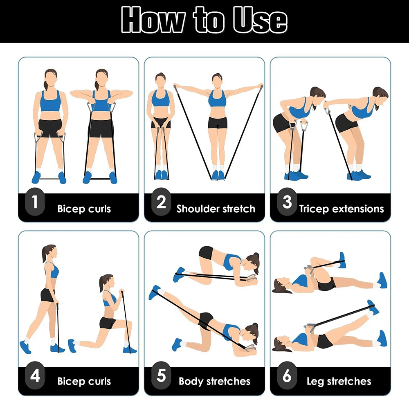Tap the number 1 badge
tap(35, 202)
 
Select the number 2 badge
tap(161, 202)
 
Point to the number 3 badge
tap(287, 202)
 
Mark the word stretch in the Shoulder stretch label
tap(238, 209)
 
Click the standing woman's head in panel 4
tap(49, 252)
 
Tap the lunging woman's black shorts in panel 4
tap(108, 323)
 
